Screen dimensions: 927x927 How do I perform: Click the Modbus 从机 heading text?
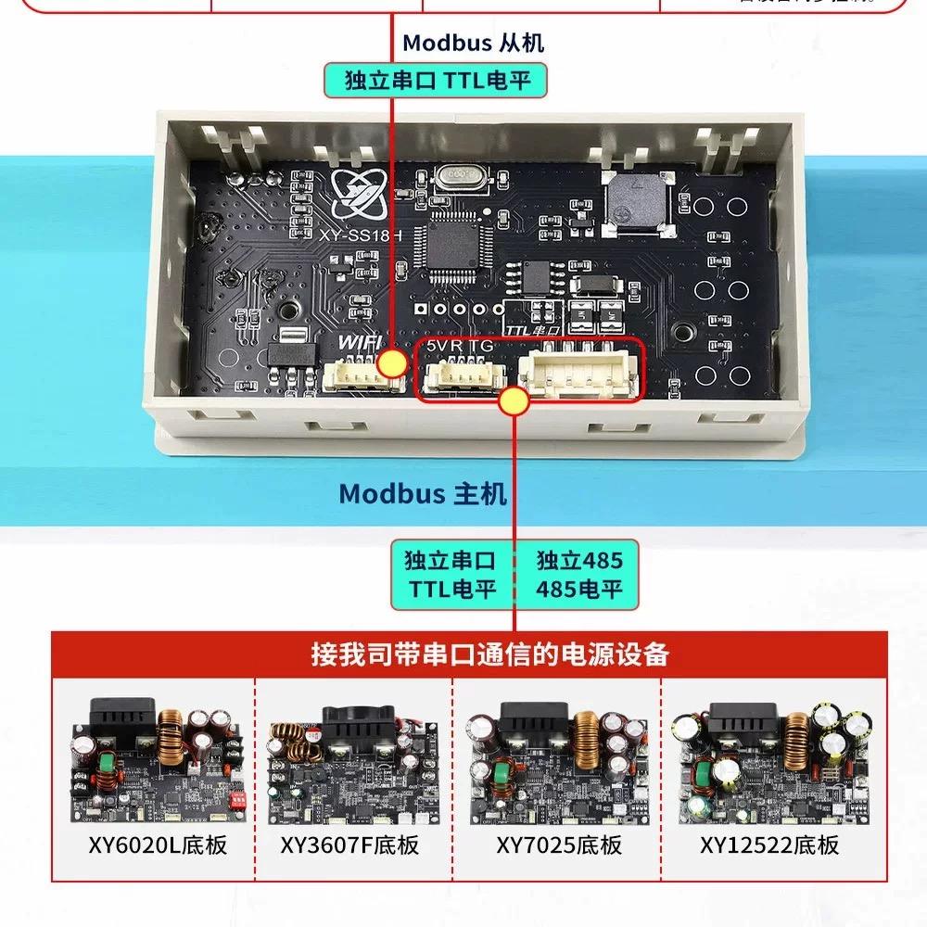pos(473,43)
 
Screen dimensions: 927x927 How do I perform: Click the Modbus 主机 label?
pos(423,492)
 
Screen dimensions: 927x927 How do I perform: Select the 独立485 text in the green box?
pos(579,560)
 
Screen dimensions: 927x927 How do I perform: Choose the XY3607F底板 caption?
pos(349,844)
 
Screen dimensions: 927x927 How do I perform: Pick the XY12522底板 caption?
pos(769,844)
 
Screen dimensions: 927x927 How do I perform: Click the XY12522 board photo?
pos(768,759)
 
